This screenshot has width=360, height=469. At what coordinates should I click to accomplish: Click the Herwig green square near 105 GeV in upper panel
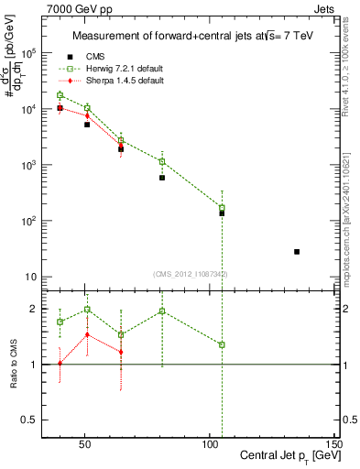[222, 208]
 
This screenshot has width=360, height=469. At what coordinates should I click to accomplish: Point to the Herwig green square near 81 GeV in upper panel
[162, 161]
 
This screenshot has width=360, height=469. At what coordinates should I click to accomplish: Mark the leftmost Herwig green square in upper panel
[60, 95]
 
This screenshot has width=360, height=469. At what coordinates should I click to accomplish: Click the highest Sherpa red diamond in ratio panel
[87, 334]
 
